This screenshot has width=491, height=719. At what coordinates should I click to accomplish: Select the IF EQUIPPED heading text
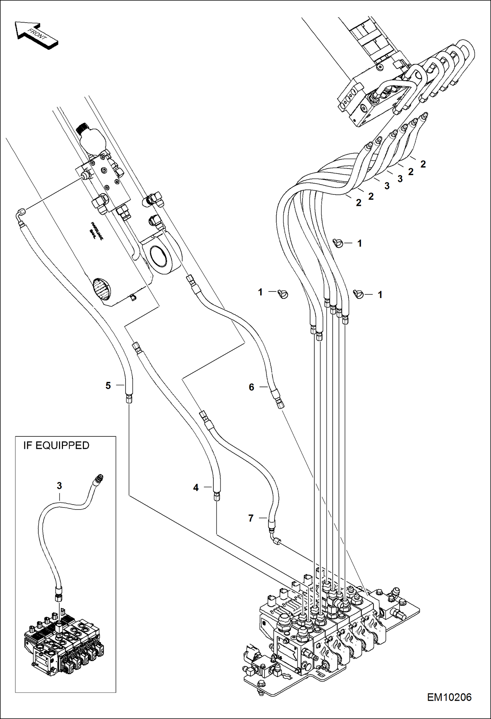point(56,445)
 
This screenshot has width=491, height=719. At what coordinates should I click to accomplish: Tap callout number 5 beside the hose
point(108,386)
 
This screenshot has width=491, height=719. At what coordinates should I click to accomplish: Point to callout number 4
point(196,488)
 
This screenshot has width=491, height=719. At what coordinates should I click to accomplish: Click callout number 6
point(251,387)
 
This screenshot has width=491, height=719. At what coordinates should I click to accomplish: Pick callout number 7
point(251,518)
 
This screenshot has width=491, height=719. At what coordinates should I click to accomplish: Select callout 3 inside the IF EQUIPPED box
point(59,486)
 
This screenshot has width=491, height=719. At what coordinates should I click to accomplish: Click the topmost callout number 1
point(360,243)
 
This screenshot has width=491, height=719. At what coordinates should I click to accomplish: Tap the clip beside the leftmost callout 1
point(283,294)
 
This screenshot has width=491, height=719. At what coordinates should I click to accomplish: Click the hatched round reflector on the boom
point(102,289)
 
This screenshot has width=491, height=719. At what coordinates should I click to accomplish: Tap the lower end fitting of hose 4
point(217,497)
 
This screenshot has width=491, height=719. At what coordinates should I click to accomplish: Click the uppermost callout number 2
point(423,164)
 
